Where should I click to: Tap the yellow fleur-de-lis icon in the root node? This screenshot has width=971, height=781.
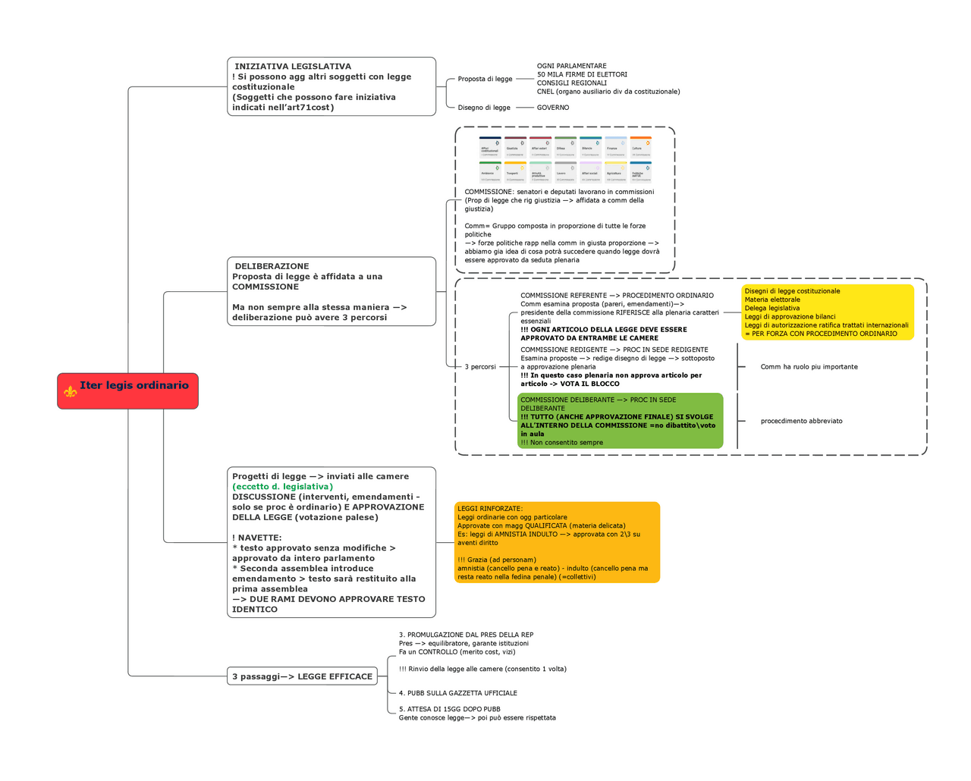(x=71, y=391)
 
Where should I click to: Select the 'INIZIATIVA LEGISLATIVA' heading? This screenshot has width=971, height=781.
(x=293, y=67)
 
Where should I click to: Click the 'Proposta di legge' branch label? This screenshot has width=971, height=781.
(x=485, y=79)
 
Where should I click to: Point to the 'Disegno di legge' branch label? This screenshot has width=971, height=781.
(x=484, y=108)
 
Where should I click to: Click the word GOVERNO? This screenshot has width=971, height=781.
(x=553, y=108)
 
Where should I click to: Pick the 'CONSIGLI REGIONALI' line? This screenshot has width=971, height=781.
(x=572, y=83)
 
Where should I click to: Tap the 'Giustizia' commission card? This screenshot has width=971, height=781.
(x=515, y=147)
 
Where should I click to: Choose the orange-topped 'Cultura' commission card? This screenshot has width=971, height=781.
(x=641, y=147)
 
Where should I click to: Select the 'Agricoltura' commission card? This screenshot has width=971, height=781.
(x=616, y=172)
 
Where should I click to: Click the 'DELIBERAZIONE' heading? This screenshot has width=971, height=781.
(x=272, y=267)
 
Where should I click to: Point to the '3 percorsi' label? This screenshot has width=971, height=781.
(x=480, y=367)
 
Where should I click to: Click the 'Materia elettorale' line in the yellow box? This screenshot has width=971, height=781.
(x=772, y=300)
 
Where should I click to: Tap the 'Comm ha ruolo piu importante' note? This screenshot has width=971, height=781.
(x=809, y=367)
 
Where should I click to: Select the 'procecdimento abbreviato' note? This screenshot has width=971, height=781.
(x=801, y=422)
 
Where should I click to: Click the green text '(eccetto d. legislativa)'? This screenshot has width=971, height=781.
(x=282, y=487)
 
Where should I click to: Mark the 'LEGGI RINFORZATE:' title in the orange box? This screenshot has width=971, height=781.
(x=490, y=509)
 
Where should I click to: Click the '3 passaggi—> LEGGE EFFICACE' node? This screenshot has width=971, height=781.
(x=303, y=676)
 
